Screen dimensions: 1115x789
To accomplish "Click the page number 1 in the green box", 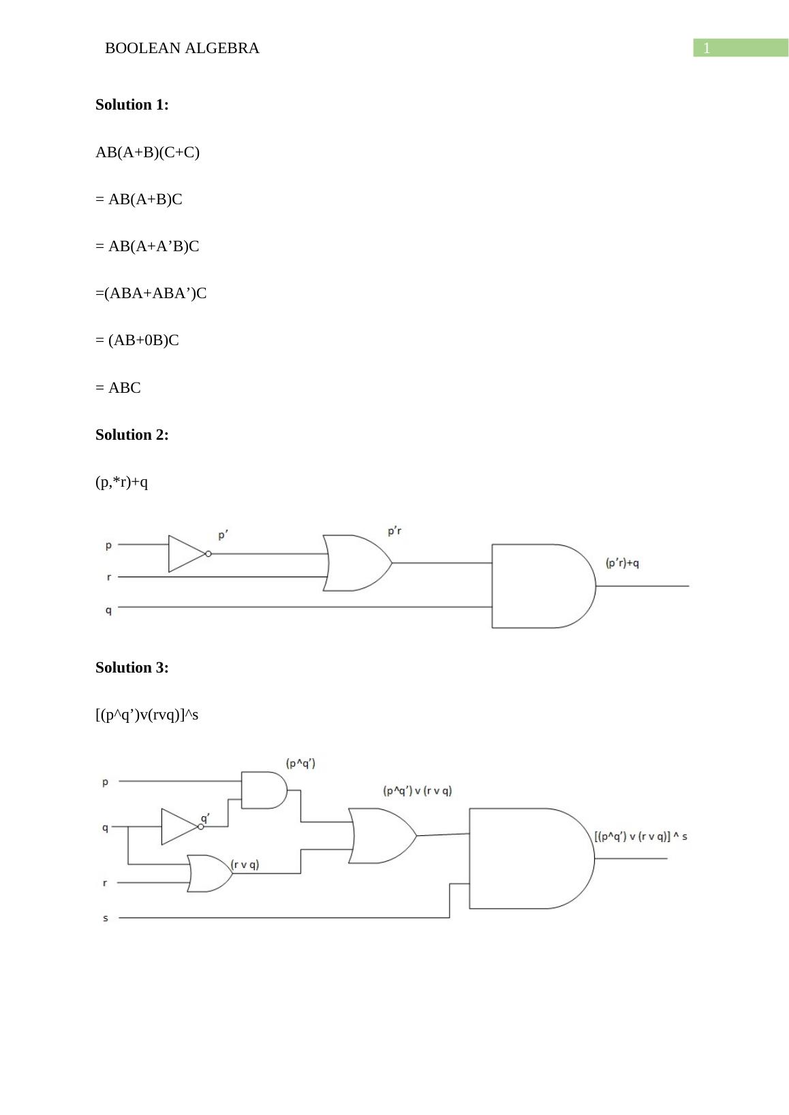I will pyautogui.click(x=707, y=48).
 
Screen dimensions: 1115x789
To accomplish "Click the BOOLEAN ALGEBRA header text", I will pyautogui.click(x=182, y=48).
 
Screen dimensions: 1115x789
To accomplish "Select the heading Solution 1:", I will pyautogui.click(x=131, y=105).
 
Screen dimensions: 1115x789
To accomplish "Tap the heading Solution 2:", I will pyautogui.click(x=131, y=435).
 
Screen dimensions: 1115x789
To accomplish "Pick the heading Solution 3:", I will pyautogui.click(x=131, y=668).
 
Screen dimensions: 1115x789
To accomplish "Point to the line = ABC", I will pyautogui.click(x=118, y=388).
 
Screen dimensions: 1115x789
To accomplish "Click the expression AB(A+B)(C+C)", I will pyautogui.click(x=147, y=152).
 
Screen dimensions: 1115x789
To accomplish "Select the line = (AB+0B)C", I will pyautogui.click(x=137, y=340).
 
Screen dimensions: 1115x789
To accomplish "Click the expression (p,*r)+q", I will pyautogui.click(x=121, y=483).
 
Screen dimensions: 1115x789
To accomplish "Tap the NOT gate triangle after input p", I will pyautogui.click(x=185, y=553).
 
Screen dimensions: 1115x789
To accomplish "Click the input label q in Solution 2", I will pyautogui.click(x=108, y=610).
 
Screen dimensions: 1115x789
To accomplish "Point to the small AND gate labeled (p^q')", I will pyautogui.click(x=263, y=790).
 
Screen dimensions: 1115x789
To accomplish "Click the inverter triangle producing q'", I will pyautogui.click(x=179, y=826).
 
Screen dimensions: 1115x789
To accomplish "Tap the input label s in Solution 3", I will pyautogui.click(x=106, y=918).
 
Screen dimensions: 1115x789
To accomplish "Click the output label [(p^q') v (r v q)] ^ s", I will pyautogui.click(x=640, y=837).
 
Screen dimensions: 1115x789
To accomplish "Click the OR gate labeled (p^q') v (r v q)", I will pyautogui.click(x=380, y=836).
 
